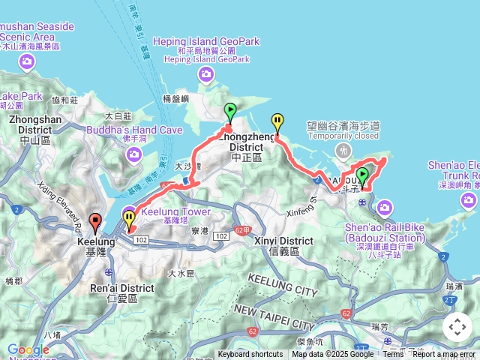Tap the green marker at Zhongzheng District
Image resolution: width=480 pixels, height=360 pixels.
tap(230, 112)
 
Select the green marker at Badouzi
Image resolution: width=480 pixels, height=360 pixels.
tap(363, 177)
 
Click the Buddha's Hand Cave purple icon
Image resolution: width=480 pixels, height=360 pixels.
tap(134, 154)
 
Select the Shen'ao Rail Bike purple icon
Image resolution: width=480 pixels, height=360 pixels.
tap(385, 206)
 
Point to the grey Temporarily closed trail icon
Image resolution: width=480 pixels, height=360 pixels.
tap(344, 151)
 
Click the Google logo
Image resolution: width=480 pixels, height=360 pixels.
tap(28, 349)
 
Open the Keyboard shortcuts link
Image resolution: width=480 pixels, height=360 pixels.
tap(250, 355)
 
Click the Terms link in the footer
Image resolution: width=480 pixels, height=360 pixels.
tap(393, 355)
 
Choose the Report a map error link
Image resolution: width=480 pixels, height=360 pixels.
tap(444, 355)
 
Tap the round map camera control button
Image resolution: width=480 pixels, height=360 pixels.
tap(457, 327)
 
